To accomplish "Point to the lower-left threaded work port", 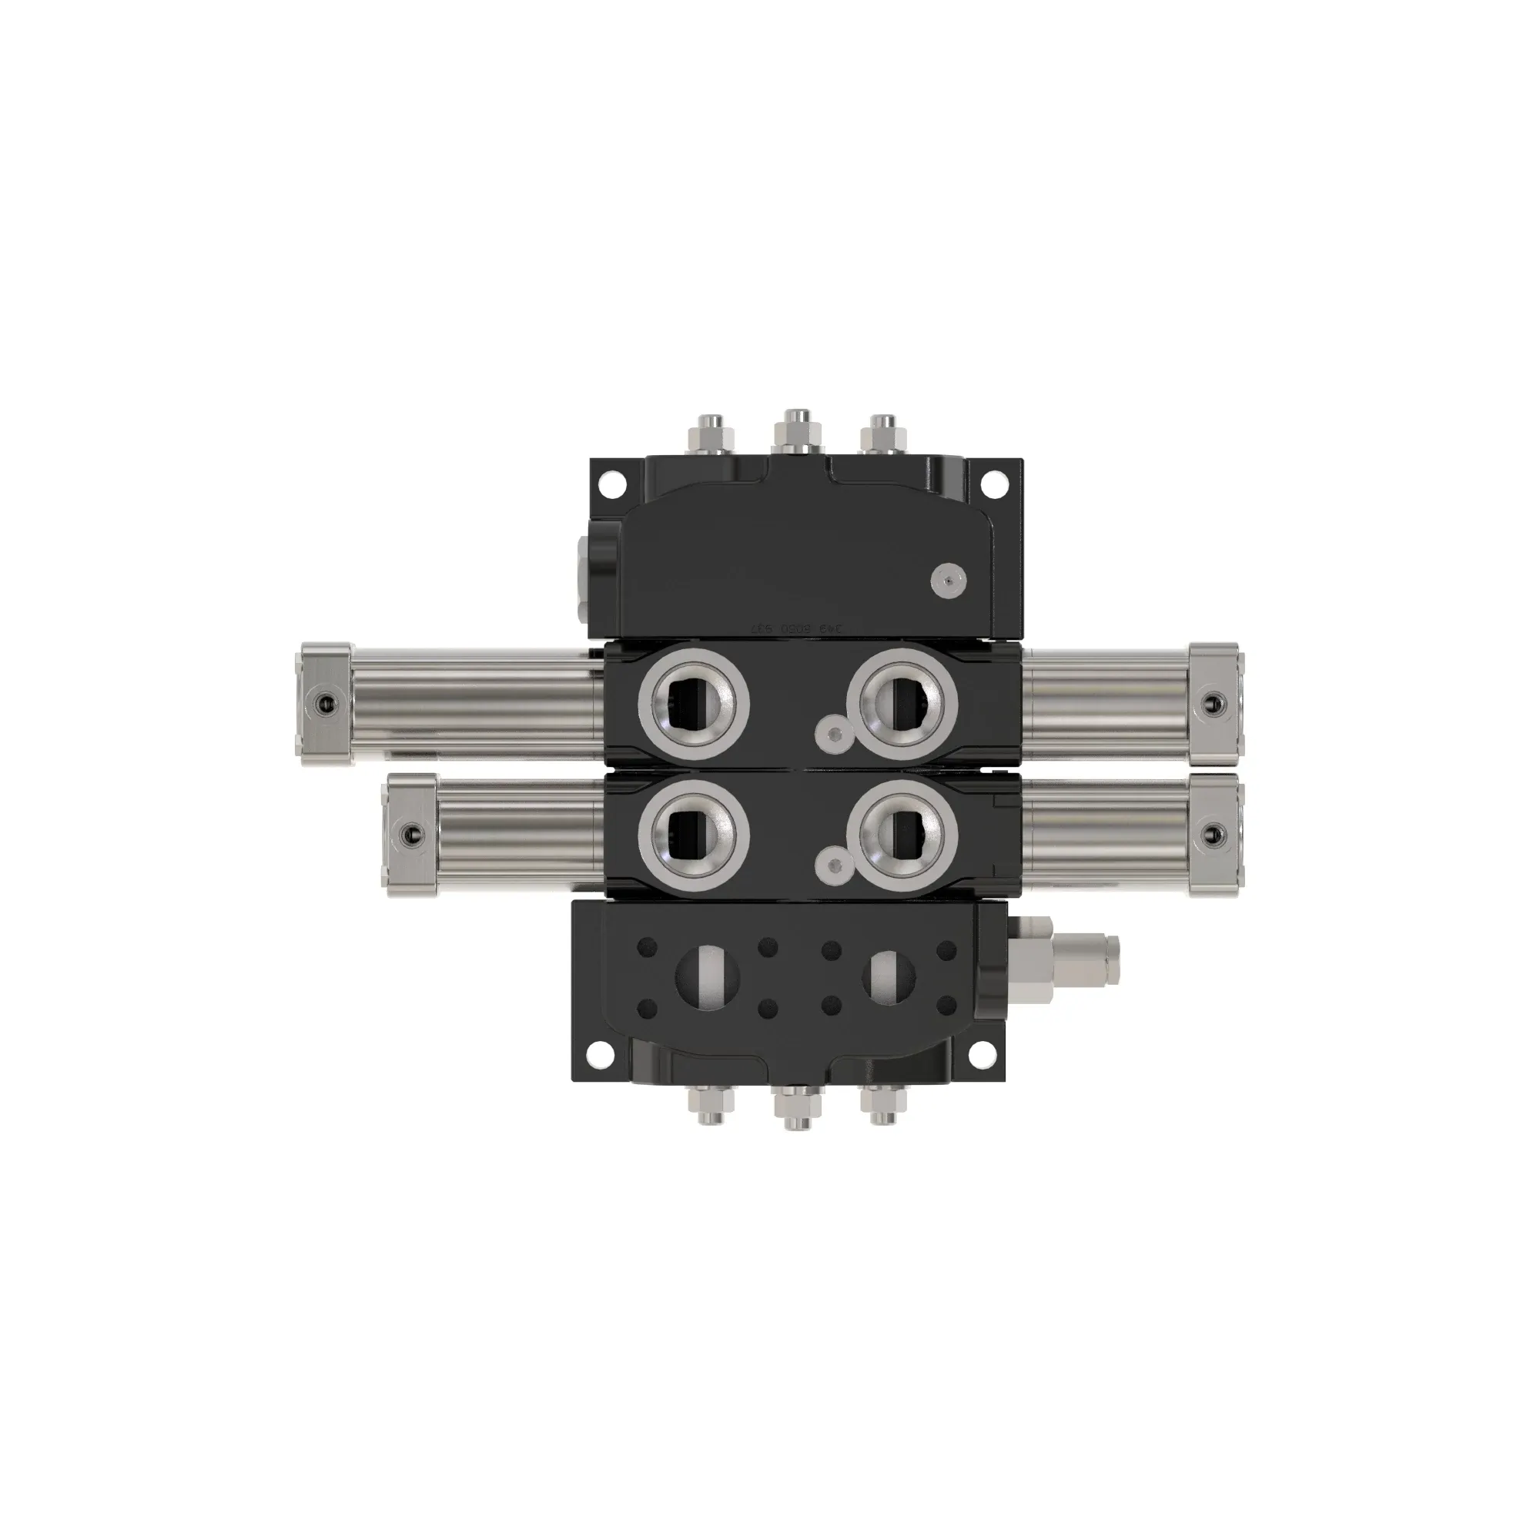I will [x=693, y=834].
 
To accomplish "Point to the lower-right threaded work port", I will [x=902, y=834].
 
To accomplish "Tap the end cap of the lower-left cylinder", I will [x=410, y=835].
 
